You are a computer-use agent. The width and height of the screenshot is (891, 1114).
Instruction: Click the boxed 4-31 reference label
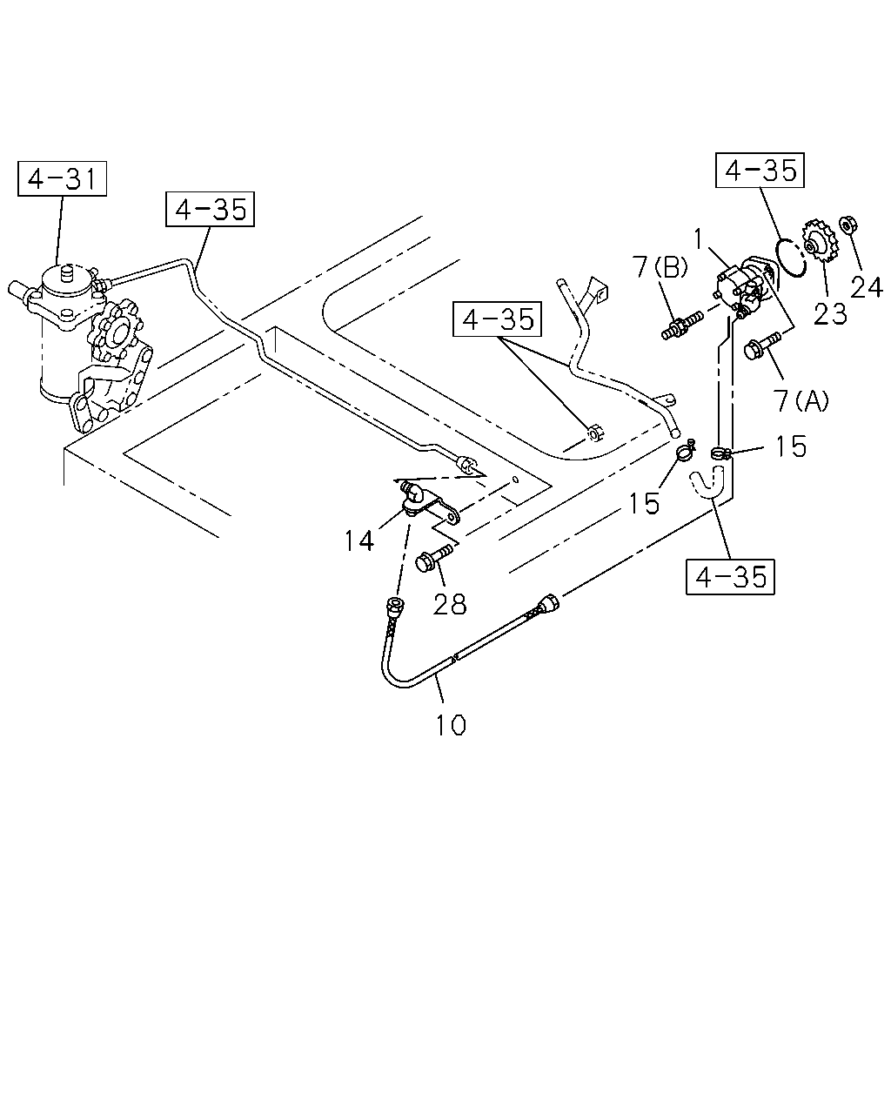(62, 178)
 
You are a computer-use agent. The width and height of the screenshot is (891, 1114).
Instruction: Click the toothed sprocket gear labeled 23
(820, 241)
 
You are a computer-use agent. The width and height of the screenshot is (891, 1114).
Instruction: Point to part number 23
(830, 313)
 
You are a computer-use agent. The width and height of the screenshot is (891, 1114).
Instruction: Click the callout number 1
(699, 239)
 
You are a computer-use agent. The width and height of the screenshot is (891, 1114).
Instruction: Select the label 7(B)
(660, 268)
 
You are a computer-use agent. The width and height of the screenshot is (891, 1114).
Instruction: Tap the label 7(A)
(801, 399)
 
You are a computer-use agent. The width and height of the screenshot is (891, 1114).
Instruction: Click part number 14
(358, 541)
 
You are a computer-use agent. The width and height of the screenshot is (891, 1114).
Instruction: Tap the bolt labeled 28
(434, 557)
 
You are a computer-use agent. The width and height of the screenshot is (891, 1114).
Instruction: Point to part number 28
(449, 603)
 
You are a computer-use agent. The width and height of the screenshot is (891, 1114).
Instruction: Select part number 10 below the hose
(451, 725)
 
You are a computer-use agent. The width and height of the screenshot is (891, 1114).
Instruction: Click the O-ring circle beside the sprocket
(792, 258)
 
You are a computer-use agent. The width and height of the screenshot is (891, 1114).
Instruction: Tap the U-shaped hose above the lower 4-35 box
(707, 481)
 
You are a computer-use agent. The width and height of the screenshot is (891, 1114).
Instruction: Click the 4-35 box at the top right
(760, 170)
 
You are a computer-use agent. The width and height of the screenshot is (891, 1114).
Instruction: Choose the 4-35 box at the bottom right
(730, 577)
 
